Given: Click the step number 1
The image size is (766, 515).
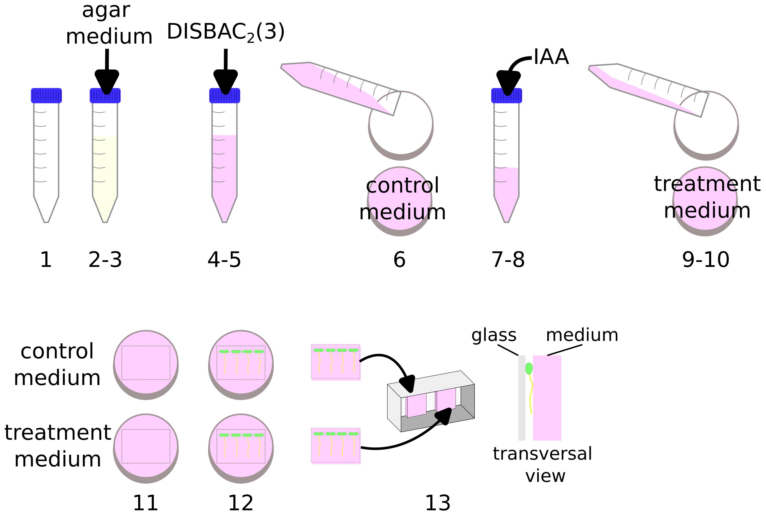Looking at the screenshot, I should (46, 260).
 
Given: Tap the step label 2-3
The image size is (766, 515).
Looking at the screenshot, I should (105, 260).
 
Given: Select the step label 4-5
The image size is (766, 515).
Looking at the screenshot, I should (224, 260).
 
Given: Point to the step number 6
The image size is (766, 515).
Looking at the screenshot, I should (399, 260).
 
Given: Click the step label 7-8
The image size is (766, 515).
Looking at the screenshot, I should (508, 260).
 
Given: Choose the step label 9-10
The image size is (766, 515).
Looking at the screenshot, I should (706, 260).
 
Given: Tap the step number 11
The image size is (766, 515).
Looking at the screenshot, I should (145, 503).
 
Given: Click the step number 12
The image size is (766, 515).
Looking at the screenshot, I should (241, 503).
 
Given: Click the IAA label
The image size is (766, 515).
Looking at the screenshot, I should (551, 57).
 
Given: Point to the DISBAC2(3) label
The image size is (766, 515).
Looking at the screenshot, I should (226, 32).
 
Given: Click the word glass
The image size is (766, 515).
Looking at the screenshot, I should (494, 335).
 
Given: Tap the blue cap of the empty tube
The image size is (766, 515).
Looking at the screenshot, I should (46, 95).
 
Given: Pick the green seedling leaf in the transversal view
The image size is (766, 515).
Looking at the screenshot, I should (529, 369).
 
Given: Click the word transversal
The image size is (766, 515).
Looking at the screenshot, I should (542, 454).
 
